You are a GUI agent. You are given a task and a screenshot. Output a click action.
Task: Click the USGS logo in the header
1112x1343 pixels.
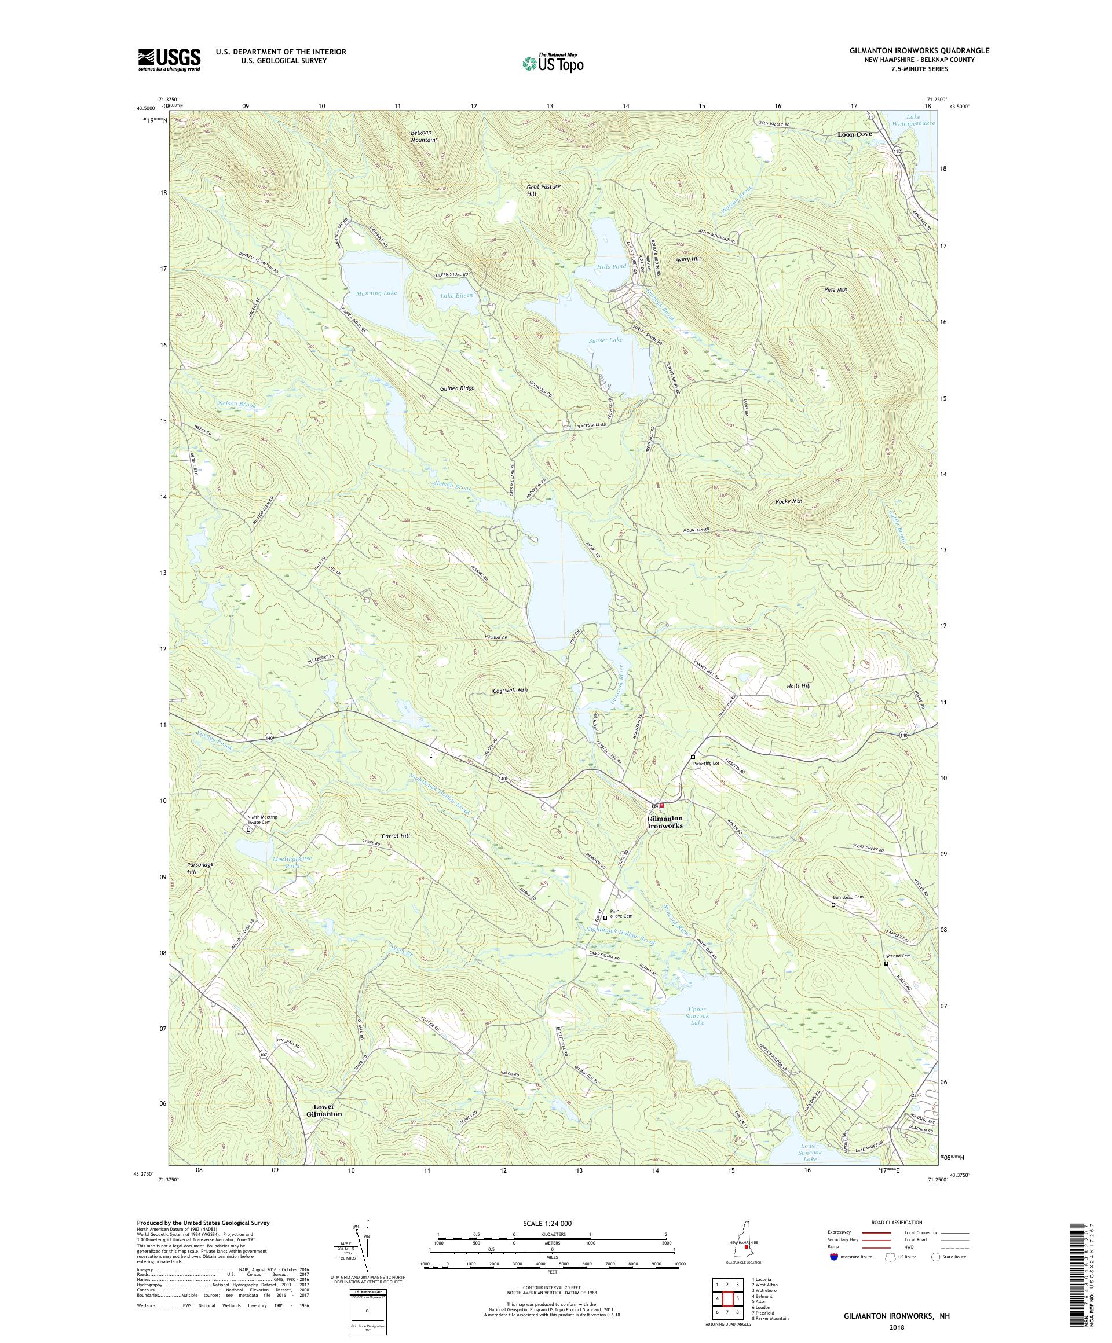[x=169, y=60]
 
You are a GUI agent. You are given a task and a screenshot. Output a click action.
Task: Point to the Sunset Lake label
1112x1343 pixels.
[x=605, y=340]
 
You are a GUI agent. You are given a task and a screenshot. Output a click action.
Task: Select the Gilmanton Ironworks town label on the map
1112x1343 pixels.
[x=665, y=822]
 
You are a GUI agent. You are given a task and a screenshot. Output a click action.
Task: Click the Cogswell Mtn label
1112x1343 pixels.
[x=510, y=691]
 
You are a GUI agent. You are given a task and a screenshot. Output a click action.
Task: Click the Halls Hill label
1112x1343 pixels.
[x=799, y=685]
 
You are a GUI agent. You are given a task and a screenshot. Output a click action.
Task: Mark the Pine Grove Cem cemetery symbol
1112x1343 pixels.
[x=605, y=918]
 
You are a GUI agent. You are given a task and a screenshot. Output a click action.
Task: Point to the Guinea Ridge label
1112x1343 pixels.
[x=457, y=387]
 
